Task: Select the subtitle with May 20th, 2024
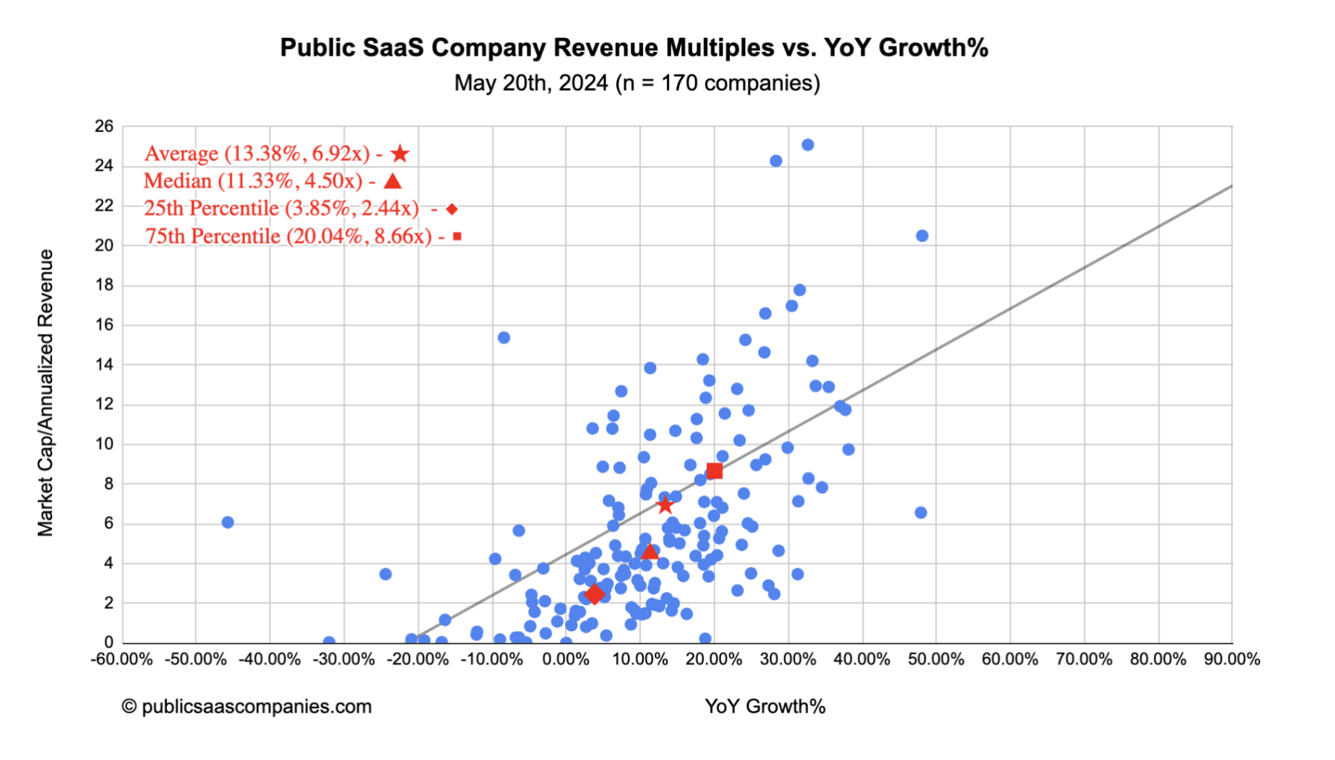(636, 83)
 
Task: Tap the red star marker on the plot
(665, 505)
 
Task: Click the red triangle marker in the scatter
(650, 552)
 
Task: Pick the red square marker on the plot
(714, 471)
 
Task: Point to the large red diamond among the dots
(594, 594)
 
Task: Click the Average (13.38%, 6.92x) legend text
(257, 154)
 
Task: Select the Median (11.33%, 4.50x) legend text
(252, 181)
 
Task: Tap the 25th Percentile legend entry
(281, 209)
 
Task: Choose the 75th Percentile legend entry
(288, 237)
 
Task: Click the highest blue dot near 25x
(808, 145)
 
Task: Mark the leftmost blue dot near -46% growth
(228, 522)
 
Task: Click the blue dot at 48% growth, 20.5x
(922, 236)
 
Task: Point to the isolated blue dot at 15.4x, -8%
(503, 338)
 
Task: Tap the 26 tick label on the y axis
(104, 126)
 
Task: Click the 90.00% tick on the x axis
(1232, 660)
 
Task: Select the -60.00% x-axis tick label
(122, 660)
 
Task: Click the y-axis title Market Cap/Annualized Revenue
(46, 393)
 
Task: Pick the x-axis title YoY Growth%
(765, 707)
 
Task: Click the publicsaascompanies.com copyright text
(247, 707)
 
